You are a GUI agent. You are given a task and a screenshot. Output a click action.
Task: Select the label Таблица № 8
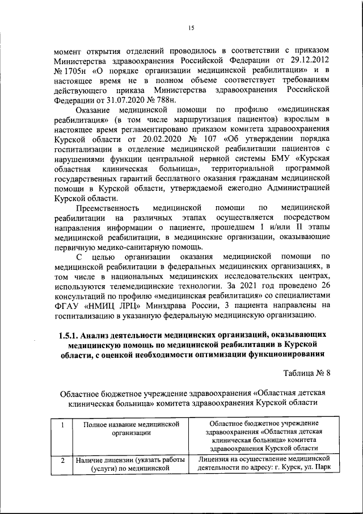[x=306, y=373]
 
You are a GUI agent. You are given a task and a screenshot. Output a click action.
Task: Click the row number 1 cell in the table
[x=63, y=424]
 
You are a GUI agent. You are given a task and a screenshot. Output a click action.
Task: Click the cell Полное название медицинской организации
[x=128, y=428]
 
